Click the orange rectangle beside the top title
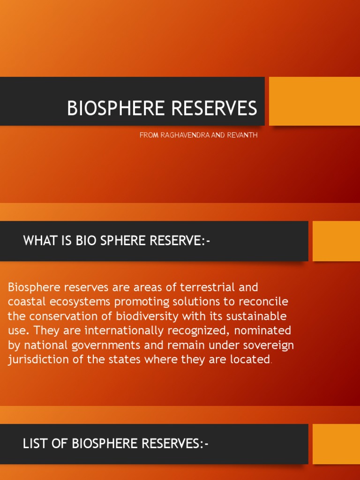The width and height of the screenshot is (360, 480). pos(314,101)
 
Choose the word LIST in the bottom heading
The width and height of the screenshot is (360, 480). pos(36,444)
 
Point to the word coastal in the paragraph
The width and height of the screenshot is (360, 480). pos(25,301)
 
